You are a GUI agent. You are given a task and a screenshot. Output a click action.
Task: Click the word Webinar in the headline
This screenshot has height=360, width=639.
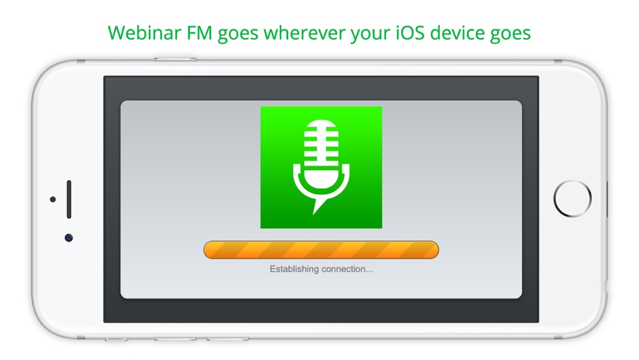[144, 33]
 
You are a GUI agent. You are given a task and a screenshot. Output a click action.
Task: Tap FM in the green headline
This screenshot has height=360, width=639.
[199, 33]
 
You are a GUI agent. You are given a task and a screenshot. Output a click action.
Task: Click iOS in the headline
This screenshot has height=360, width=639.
[410, 33]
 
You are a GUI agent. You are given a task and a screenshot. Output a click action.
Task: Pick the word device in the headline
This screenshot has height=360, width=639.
[458, 33]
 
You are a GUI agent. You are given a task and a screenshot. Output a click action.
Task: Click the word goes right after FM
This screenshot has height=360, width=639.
[238, 35]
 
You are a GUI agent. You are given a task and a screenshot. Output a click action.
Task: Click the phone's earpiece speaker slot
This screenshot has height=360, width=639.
[69, 200]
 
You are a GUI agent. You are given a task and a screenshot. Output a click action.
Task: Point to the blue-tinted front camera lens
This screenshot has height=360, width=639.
[69, 238]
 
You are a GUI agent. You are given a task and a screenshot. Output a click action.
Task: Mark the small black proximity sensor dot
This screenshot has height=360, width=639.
[52, 200]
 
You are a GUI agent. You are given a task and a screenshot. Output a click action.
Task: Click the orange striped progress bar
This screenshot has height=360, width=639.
[321, 249]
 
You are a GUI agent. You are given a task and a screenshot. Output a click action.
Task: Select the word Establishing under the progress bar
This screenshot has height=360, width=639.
[294, 269]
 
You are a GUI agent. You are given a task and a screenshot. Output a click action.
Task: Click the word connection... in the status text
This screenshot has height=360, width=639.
[347, 269]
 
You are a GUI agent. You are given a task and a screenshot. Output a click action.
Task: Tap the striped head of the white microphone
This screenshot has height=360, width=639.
[321, 141]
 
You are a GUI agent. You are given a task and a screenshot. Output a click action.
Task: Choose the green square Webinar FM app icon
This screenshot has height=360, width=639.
[321, 167]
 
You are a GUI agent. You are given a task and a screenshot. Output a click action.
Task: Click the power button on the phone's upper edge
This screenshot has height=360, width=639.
[175, 59]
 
